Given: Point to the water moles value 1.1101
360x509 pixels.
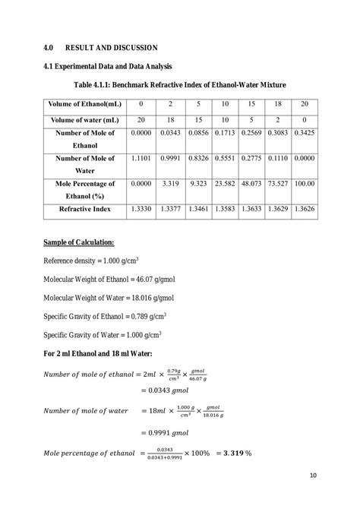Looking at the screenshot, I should coord(141,158).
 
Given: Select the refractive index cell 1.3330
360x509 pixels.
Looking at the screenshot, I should coord(141,207).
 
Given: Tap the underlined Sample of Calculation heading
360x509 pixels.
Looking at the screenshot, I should coord(79,242).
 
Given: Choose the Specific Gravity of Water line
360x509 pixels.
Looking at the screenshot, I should coord(103,334).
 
